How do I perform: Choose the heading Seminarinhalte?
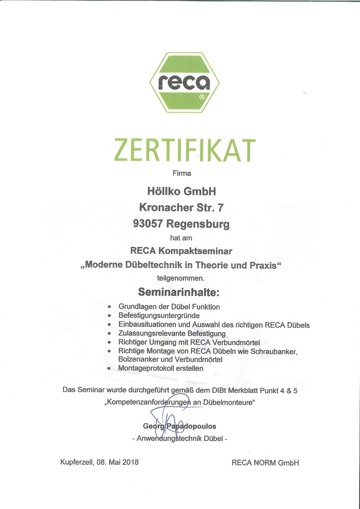(x=180, y=293)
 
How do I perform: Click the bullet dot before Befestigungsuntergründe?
(x=110, y=316)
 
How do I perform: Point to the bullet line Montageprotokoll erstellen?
(x=161, y=368)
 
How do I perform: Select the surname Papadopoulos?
(x=192, y=426)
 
